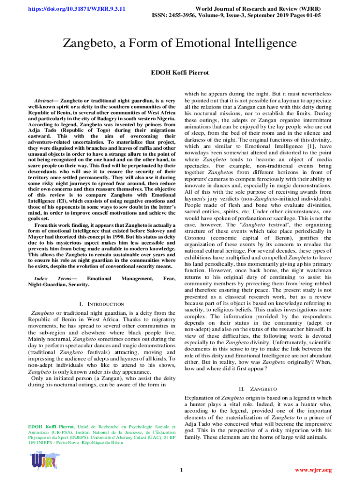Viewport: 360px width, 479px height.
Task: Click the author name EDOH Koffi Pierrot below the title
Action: pos(180,73)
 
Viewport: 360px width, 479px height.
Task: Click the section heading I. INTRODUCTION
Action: pos(101,304)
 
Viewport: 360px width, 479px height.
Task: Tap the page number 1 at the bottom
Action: pos(180,470)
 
